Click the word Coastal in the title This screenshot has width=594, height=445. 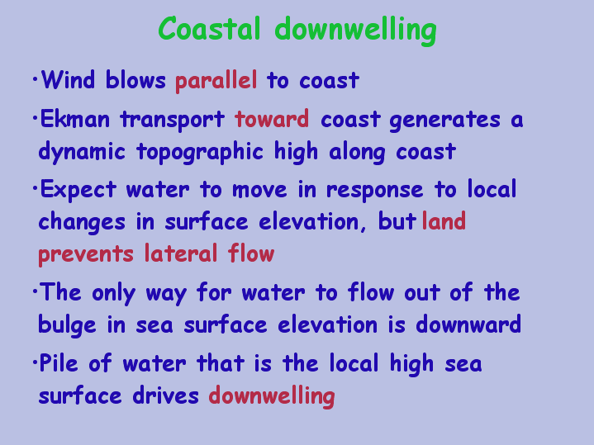point(210,28)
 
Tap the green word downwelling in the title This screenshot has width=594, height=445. point(356,31)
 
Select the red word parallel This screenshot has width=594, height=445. point(216,80)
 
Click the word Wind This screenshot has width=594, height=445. point(68,79)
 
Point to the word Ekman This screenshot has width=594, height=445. point(75,119)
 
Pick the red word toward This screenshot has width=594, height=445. point(272,119)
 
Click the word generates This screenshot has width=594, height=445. point(444,121)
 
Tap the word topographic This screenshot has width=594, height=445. point(200,153)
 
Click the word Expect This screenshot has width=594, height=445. point(78,190)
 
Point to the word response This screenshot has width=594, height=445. point(375,191)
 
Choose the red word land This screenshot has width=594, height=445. point(444,220)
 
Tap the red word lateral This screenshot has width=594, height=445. point(181,253)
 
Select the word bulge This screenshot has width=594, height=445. point(67,325)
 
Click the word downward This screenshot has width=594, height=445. point(468,324)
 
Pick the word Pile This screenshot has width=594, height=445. point(59,362)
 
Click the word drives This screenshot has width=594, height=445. point(165,395)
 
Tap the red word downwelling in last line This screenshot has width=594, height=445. point(272,396)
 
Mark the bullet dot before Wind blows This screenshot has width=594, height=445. point(36,79)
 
